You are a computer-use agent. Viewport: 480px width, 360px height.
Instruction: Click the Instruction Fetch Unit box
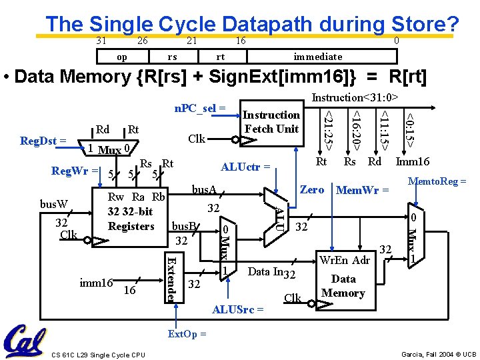pyautogui.click(x=271, y=123)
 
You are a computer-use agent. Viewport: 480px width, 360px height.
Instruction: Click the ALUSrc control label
pyautogui.click(x=237, y=310)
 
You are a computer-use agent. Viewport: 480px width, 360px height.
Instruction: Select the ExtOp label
pyautogui.click(x=187, y=333)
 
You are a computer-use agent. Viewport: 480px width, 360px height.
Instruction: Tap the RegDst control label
pyautogui.click(x=43, y=141)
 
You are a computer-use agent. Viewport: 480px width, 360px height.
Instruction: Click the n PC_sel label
pyautogui.click(x=200, y=107)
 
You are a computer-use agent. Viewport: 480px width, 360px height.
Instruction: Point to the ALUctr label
pyautogui.click(x=246, y=167)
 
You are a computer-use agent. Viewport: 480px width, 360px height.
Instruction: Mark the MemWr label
pyautogui.click(x=362, y=190)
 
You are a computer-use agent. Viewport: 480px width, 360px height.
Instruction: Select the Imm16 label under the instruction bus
pyautogui.click(x=413, y=161)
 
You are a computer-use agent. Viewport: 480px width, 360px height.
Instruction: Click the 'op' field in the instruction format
pyautogui.click(x=122, y=57)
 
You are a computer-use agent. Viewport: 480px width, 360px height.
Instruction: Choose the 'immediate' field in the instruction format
pyautogui.click(x=318, y=57)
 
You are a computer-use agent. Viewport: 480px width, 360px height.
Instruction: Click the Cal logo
pyautogui.click(x=25, y=341)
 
